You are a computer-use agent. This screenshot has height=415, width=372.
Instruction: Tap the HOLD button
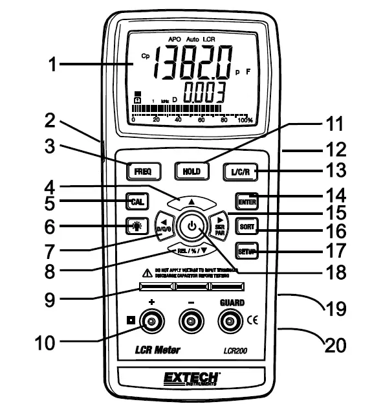[x=191, y=171]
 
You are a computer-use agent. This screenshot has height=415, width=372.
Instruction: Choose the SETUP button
[x=246, y=251]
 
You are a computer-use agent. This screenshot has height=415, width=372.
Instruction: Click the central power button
[x=191, y=227]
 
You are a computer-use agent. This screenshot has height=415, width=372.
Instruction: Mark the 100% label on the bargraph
[x=245, y=120]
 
